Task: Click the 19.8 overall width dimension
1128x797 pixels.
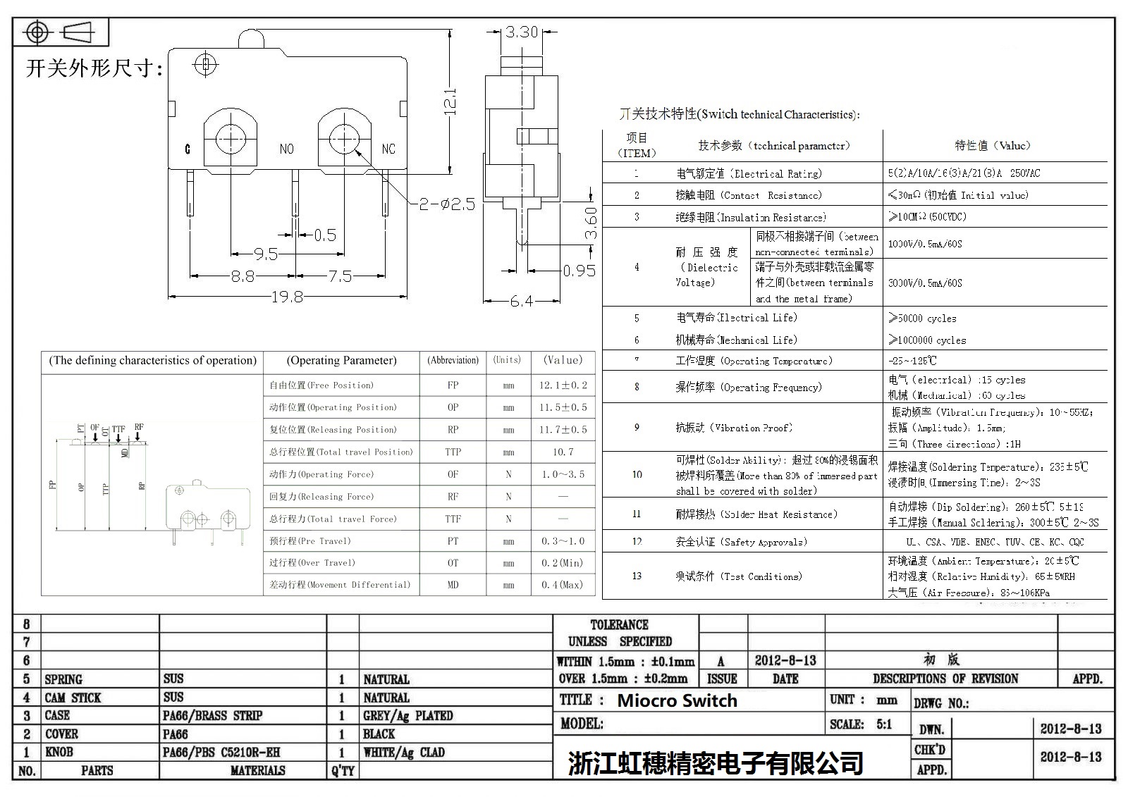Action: point(288,297)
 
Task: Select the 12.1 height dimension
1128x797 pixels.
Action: point(450,101)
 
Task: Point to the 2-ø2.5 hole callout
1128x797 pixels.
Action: point(448,204)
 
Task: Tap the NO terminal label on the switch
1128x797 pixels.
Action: point(286,149)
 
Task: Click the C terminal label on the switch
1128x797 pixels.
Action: point(188,149)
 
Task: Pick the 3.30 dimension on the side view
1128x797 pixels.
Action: point(522,32)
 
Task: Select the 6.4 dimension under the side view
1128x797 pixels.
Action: point(522,302)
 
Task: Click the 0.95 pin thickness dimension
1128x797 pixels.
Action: point(579,271)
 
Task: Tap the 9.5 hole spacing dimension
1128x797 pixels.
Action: point(265,254)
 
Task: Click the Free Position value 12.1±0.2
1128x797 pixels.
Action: point(563,385)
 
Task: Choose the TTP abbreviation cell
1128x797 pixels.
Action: point(453,452)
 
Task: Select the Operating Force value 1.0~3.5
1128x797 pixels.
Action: point(563,474)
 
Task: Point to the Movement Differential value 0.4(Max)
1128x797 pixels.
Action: point(563,585)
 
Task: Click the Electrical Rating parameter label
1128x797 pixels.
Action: point(749,173)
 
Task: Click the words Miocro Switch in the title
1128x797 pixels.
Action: point(677,700)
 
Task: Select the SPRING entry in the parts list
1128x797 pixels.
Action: point(63,679)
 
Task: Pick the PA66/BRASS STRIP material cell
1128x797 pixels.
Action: point(212,716)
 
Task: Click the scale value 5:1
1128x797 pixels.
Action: point(883,724)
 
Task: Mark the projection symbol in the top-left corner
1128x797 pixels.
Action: point(61,32)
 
